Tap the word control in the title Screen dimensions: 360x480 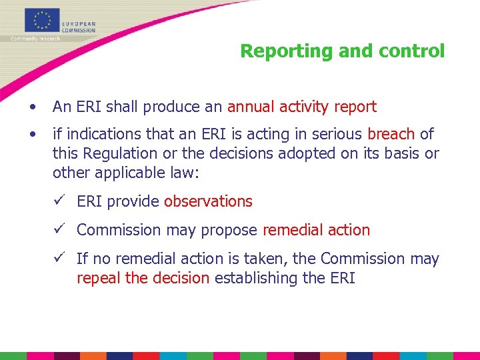tap(411, 51)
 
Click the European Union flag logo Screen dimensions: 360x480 tap(42, 20)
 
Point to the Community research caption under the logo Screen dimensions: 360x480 tap(35, 39)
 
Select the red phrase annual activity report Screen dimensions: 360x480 tap(302, 107)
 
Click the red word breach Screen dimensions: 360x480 tap(391, 135)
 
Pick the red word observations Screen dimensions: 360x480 tap(208, 201)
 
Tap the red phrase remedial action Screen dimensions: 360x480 tap(316, 230)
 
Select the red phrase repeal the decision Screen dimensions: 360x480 tap(143, 277)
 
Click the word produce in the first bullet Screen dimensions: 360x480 tap(173, 107)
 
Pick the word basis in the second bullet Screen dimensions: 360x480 tap(402, 153)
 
